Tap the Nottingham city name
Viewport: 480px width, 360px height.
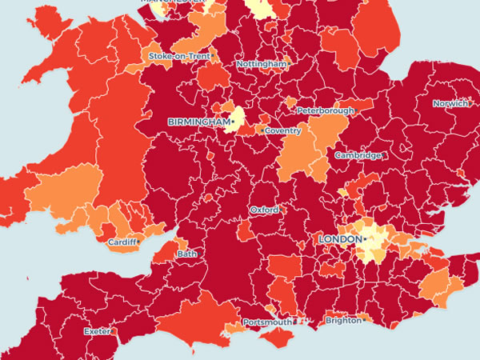(x=261, y=63)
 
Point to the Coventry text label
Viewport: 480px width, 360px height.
(x=284, y=130)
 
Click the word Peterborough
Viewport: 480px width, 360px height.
(x=325, y=110)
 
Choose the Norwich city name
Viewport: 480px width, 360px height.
(x=450, y=104)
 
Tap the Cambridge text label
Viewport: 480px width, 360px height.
(x=358, y=155)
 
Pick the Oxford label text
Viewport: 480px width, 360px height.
(x=264, y=210)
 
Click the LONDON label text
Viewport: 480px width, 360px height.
(x=339, y=239)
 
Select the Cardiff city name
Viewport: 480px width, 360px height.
(x=121, y=242)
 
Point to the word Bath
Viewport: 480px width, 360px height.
(x=186, y=254)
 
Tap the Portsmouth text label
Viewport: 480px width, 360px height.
(x=267, y=322)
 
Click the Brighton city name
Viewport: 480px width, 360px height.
(x=343, y=321)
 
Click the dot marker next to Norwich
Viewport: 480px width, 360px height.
(x=470, y=104)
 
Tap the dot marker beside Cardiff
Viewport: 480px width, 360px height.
(x=138, y=241)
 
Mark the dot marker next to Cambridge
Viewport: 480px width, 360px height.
(x=384, y=155)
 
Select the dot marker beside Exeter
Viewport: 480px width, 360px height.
(x=113, y=330)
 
